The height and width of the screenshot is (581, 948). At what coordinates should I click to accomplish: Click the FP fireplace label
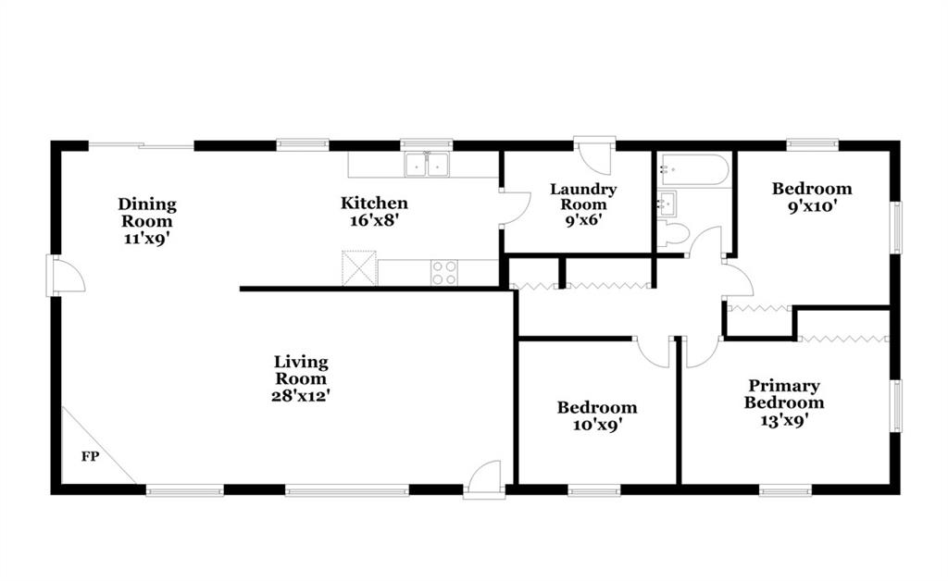coord(90,457)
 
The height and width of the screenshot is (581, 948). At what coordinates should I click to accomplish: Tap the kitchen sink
coord(427,165)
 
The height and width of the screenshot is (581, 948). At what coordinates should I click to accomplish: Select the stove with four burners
coord(443,272)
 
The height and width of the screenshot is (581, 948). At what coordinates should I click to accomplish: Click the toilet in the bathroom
coord(674,233)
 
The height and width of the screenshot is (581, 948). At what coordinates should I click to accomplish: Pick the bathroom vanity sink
coord(667,203)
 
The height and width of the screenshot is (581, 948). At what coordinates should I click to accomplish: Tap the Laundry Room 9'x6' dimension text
coord(583,220)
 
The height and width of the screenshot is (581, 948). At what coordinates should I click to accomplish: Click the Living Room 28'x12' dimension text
coord(301,396)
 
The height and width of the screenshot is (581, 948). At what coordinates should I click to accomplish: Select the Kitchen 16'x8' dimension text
coord(374,220)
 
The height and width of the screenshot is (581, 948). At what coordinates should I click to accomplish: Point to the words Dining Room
coord(147,213)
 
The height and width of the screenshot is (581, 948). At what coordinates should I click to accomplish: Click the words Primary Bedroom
coord(783,394)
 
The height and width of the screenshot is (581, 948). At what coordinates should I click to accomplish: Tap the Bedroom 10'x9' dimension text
coord(597,426)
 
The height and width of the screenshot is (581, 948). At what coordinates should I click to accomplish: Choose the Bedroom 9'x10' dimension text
coord(812,206)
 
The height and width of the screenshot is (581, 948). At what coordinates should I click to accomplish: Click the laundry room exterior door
coord(594,155)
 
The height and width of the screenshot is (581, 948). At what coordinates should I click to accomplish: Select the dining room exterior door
coord(66,276)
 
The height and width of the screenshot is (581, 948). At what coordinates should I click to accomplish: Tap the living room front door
coord(485,479)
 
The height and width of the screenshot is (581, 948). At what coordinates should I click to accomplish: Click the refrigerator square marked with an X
coord(359,268)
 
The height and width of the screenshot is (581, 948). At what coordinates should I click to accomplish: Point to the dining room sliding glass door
coord(141,145)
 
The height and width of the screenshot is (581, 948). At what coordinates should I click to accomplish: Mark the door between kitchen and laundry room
coord(516,208)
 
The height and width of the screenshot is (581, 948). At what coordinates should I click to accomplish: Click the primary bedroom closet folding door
coord(844,339)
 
